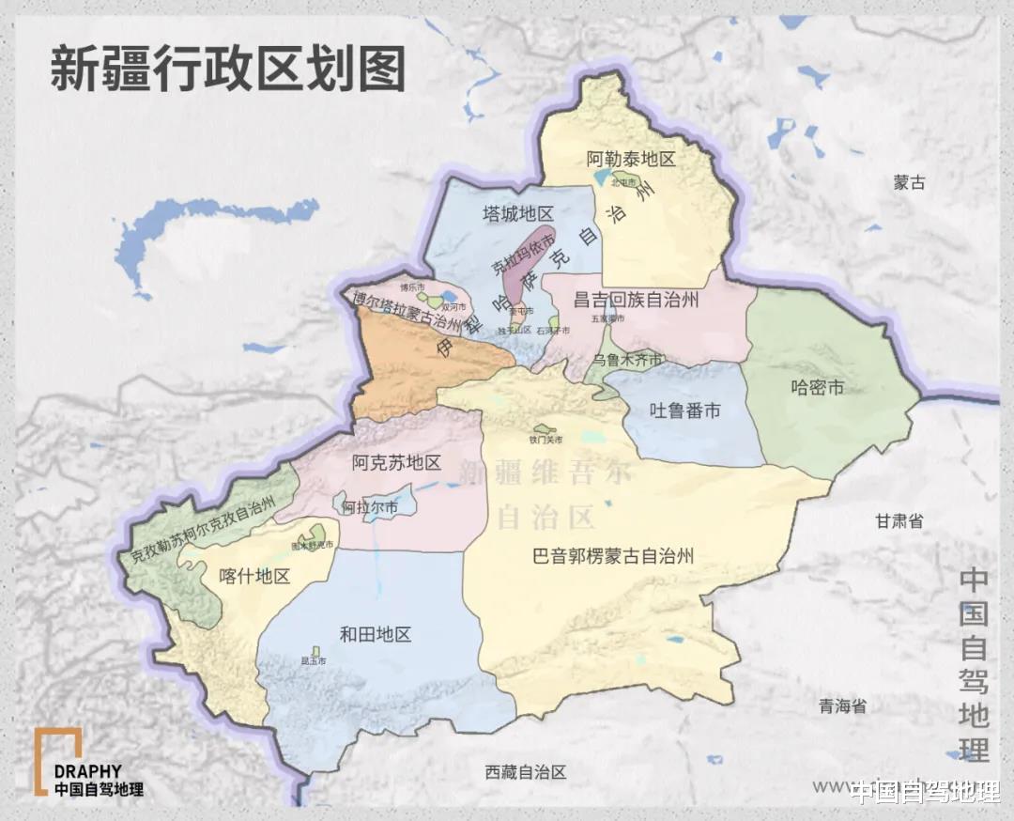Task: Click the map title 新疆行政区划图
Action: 227,70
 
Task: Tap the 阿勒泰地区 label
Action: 631,159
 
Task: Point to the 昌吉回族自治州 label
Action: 637,300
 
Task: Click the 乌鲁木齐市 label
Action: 628,361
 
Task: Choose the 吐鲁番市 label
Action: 685,410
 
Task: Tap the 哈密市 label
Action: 817,386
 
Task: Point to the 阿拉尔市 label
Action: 369,507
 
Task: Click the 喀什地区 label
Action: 253,576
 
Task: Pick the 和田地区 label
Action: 375,634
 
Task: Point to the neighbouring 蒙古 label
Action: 909,183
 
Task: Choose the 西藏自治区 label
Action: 527,772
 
